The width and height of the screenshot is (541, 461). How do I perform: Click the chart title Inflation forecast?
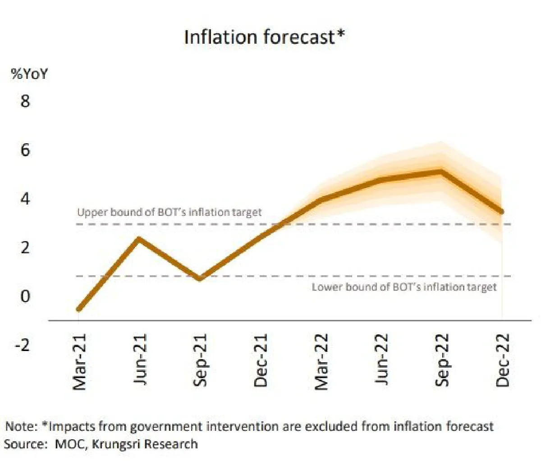[x=264, y=37]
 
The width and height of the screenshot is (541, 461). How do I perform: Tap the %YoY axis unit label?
[x=29, y=74]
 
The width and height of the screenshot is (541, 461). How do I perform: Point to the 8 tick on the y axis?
[x=25, y=101]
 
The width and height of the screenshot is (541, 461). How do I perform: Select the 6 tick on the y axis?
[x=25, y=150]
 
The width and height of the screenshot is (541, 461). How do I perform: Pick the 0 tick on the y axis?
[x=25, y=296]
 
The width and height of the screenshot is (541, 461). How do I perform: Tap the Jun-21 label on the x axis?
[x=140, y=360]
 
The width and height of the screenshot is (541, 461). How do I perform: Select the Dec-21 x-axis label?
[x=261, y=361]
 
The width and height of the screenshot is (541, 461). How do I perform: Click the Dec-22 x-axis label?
[x=503, y=360]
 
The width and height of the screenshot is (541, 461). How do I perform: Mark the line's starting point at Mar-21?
[x=79, y=309]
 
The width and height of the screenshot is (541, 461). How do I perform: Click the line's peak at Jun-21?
[x=140, y=239]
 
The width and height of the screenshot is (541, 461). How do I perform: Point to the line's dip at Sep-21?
[x=200, y=278]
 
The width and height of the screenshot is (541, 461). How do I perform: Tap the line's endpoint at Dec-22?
[x=501, y=211]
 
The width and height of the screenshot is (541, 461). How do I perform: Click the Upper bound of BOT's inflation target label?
[x=169, y=212]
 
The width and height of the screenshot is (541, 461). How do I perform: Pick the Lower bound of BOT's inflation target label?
[x=404, y=287]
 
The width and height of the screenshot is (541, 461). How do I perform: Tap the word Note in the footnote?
[x=21, y=426]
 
